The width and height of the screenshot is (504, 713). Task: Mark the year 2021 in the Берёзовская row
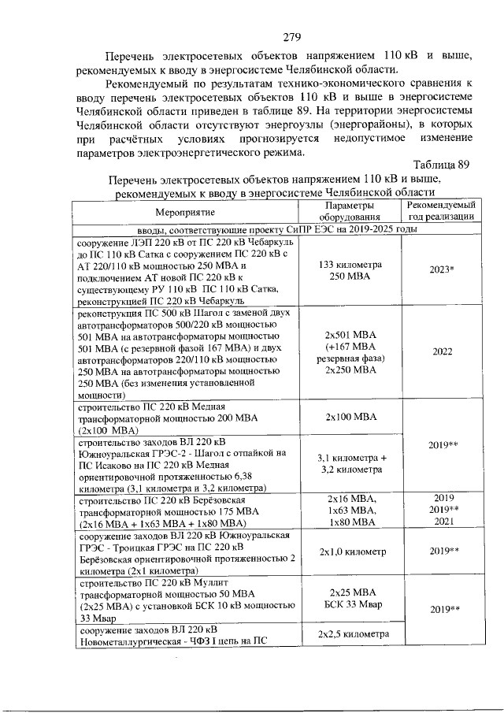pos(440,521)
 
